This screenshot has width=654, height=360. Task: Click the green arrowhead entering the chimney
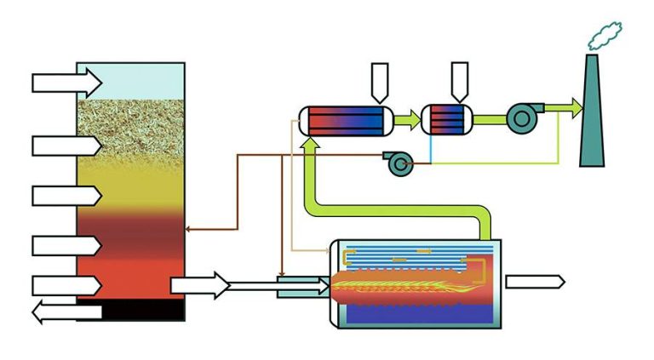click(577, 108)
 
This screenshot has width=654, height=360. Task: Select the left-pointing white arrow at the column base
click(64, 312)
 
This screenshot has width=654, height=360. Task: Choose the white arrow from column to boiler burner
click(200, 285)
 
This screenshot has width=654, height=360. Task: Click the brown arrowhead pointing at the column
click(189, 229)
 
